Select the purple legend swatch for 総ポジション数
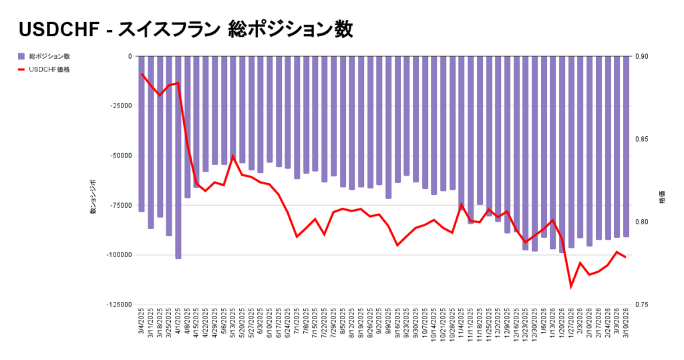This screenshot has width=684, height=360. point(22,56)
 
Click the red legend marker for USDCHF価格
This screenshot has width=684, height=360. point(22,69)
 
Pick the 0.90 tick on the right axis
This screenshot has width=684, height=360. point(647,57)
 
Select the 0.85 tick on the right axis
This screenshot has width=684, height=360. point(647,140)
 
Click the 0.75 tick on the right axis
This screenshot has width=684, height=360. point(647,305)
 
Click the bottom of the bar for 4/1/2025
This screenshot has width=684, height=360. point(178,258)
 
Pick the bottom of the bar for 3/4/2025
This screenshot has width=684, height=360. point(142,211)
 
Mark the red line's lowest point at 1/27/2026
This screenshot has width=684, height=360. point(571,287)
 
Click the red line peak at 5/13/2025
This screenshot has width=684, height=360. point(233,156)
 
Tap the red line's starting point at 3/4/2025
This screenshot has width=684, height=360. point(142,74)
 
